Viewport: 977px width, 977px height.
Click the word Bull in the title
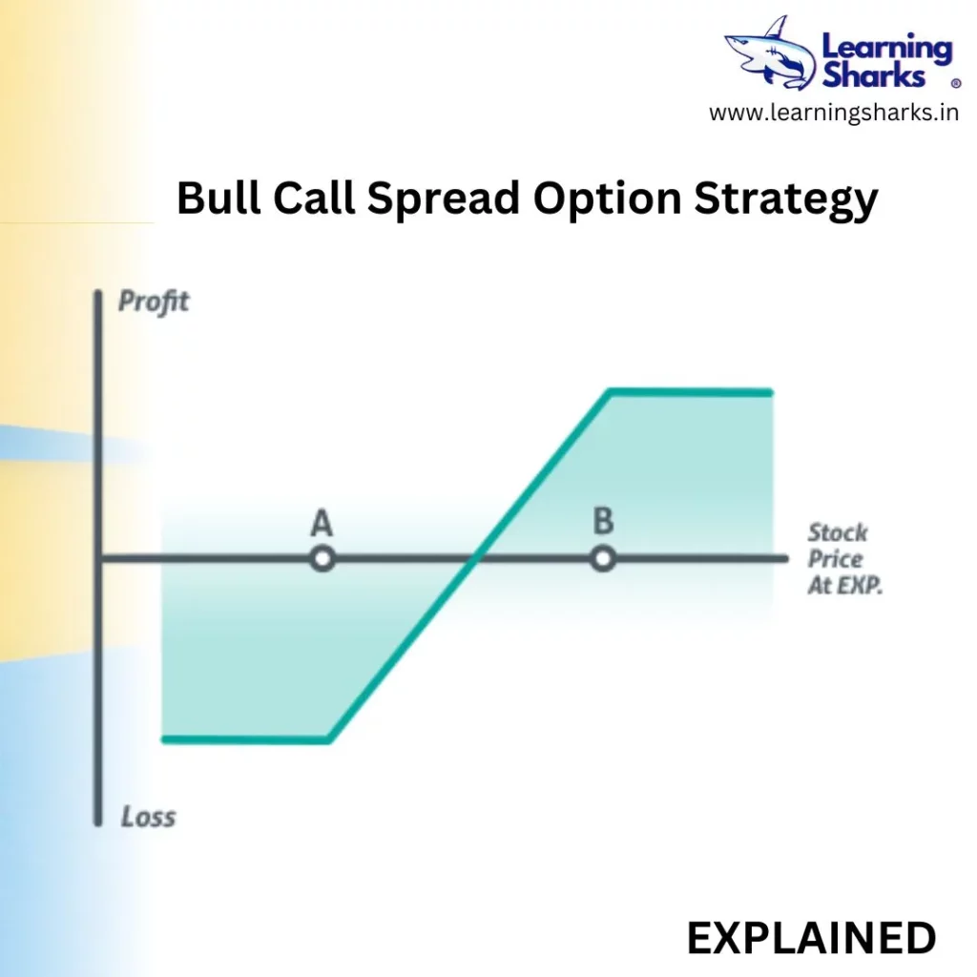coord(218,198)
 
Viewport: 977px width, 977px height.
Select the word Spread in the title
coord(444,199)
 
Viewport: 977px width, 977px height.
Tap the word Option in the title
coord(608,199)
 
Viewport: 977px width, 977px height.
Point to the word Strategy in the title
coord(786,199)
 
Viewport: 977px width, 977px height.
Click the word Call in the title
coord(314,198)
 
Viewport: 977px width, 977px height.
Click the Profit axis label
coord(154,301)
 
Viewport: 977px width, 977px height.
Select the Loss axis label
coord(148,817)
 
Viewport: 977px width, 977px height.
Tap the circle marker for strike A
coord(322,559)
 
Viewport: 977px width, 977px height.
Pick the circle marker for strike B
coord(603,559)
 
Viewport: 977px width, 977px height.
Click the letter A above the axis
coord(322,523)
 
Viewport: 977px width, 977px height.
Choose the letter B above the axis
coord(603,521)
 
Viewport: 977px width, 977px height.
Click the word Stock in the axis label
coord(838,532)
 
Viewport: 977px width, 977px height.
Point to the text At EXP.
coord(845,585)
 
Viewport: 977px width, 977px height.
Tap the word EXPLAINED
coord(811,939)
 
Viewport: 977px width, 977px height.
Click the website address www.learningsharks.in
coord(834,113)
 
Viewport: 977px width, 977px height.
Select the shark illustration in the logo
coord(770,52)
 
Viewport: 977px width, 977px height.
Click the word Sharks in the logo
coord(874,75)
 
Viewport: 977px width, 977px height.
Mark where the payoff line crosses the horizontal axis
coord(475,559)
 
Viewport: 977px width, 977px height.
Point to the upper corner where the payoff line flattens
coord(610,392)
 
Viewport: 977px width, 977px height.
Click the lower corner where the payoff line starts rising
coord(329,739)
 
